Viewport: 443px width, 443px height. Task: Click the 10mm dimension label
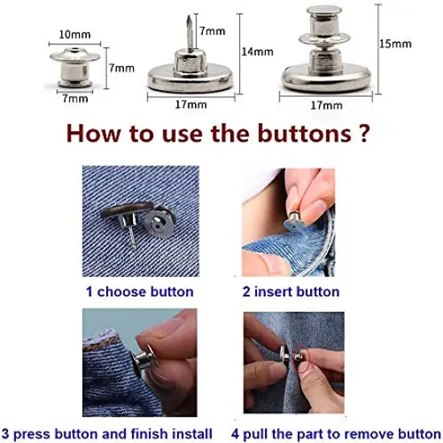[75, 35]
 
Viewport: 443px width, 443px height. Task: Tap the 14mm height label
[257, 52]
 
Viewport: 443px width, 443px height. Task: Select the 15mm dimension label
[395, 43]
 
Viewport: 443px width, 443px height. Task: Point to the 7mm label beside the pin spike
[213, 31]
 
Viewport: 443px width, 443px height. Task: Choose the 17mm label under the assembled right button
[326, 105]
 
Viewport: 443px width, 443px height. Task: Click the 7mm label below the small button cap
[73, 99]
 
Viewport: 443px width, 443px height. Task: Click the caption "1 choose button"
[139, 292]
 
